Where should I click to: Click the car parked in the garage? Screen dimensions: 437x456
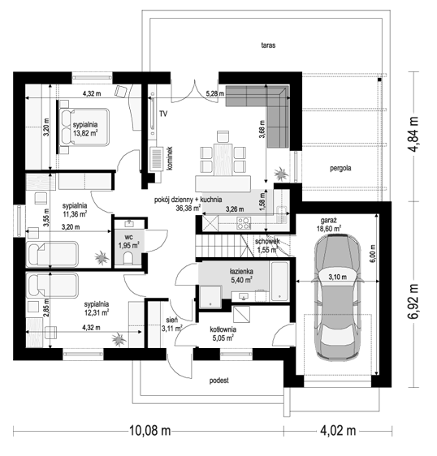pos(338,297)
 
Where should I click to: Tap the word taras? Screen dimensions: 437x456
pos(268,45)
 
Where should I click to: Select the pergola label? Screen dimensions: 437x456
pos(340,168)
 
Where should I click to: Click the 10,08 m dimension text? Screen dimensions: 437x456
pos(149,430)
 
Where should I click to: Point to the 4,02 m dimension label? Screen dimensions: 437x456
pos(338,430)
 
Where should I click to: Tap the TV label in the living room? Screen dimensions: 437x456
pos(163,114)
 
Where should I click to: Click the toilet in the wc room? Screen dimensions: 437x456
pos(128,258)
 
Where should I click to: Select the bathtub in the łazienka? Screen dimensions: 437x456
pos(279,282)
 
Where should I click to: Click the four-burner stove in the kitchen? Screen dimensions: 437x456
pos(244,223)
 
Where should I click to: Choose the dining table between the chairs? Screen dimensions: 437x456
pos(223,159)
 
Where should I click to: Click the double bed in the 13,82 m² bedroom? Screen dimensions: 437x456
pos(84,127)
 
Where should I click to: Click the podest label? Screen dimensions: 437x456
pos(219,381)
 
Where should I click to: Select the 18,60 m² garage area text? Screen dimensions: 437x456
pos(329,229)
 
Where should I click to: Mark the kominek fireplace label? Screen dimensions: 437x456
pos(170,158)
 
